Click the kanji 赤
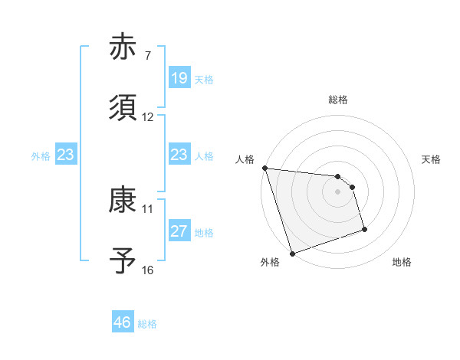[x=123, y=48]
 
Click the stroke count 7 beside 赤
[x=148, y=56]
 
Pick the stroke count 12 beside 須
[x=148, y=117]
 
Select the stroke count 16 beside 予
[x=148, y=270]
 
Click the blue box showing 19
[x=179, y=77]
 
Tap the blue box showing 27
[x=179, y=231]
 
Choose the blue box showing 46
[x=123, y=322]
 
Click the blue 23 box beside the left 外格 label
[x=65, y=155]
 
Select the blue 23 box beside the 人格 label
[x=179, y=155]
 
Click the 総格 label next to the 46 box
[x=147, y=324]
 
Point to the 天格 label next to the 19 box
[x=204, y=79]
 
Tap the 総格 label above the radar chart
[x=337, y=100]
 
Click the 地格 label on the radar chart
[x=402, y=262]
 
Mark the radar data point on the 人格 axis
[x=264, y=168]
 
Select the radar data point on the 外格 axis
[x=292, y=253]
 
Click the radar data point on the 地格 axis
[x=364, y=229]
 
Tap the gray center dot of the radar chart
[x=337, y=191]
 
